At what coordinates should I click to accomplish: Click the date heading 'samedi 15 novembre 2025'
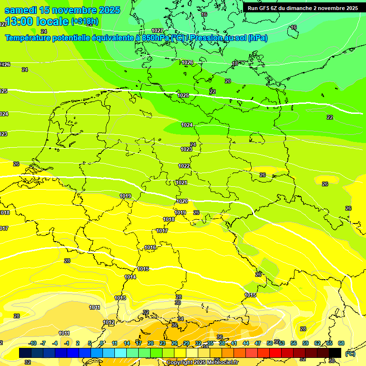[x=62, y=10]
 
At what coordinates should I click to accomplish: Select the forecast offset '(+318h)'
[x=84, y=21]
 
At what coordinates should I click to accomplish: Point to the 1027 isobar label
[x=157, y=30]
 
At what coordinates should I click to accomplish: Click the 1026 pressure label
[x=187, y=62]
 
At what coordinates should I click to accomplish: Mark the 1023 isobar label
[x=186, y=149]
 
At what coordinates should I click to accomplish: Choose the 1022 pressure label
[x=184, y=166]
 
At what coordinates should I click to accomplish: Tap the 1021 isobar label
[x=182, y=183]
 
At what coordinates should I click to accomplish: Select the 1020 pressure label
[x=182, y=201]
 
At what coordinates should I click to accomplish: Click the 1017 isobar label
[x=162, y=231]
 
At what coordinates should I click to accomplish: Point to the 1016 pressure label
[x=151, y=247]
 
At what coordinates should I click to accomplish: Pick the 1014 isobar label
[x=130, y=277]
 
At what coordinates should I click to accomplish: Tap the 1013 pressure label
[x=120, y=298]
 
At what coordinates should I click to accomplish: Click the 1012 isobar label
[x=109, y=323]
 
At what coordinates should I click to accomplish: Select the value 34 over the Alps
[x=181, y=318]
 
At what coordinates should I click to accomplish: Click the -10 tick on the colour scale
[x=32, y=343]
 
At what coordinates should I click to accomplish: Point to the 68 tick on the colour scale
[x=341, y=343]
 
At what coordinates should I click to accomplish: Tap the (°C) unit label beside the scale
[x=350, y=353]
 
